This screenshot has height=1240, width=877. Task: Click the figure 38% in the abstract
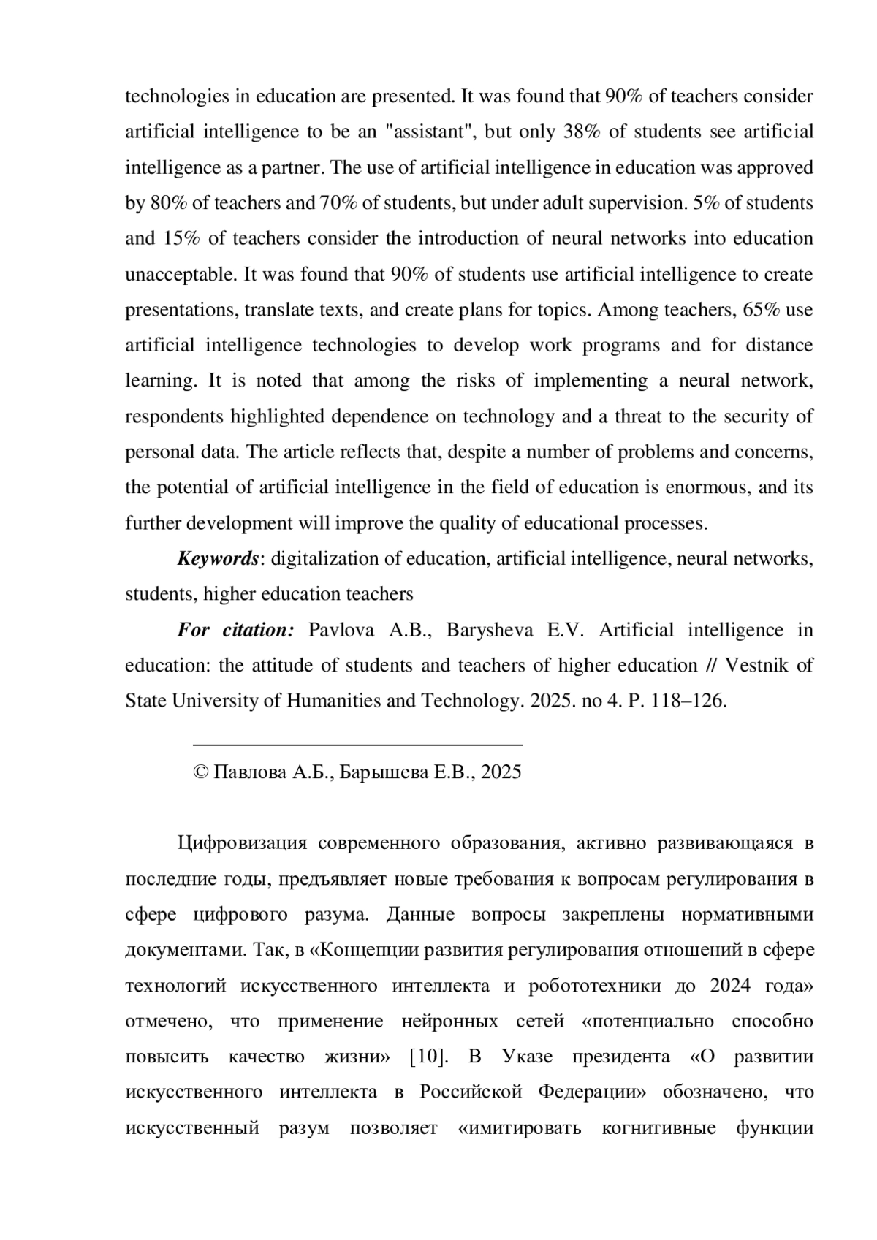[x=582, y=132]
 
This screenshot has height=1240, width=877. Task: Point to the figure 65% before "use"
[x=762, y=310]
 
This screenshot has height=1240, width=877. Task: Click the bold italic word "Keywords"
[x=218, y=559]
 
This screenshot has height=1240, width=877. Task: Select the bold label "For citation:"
[x=235, y=630]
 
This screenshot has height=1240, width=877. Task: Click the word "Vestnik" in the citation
[x=756, y=666]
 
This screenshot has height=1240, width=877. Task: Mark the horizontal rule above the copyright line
[x=357, y=745]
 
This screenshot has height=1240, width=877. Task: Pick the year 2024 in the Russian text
[x=730, y=986]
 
